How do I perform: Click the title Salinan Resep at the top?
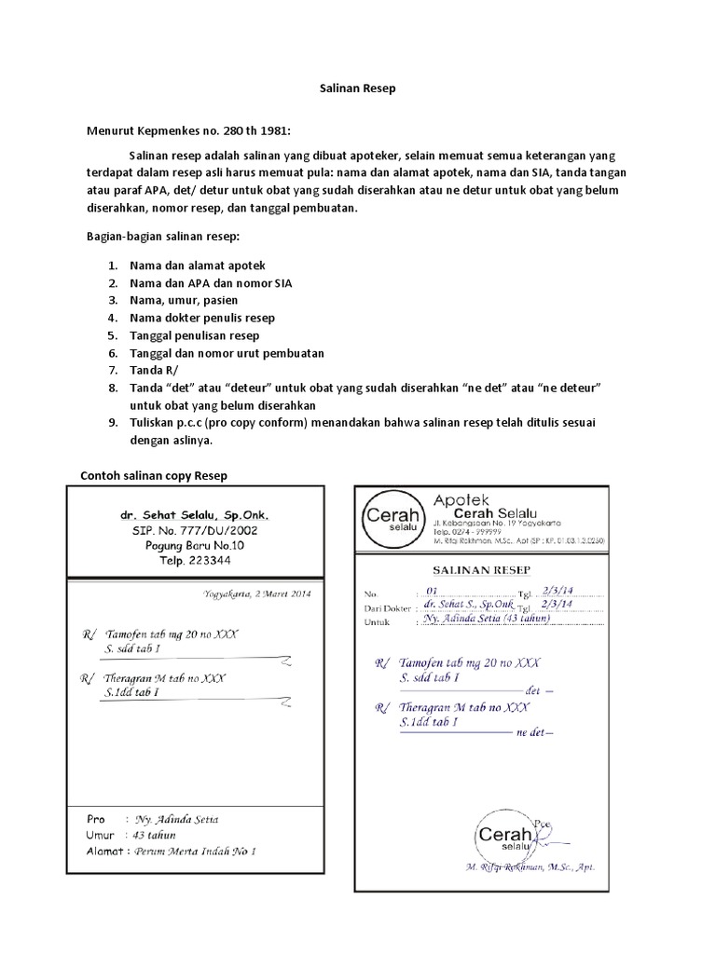click(357, 89)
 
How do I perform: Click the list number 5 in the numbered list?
click(112, 335)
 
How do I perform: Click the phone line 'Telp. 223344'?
click(194, 561)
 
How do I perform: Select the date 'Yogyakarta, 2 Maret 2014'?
click(257, 593)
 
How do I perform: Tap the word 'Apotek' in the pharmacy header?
click(461, 501)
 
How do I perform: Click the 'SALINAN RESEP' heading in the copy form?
click(481, 569)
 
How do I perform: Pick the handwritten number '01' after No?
click(431, 591)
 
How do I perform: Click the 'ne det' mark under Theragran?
click(533, 733)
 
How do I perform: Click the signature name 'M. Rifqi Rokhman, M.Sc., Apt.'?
click(530, 867)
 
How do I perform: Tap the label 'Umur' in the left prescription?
click(100, 835)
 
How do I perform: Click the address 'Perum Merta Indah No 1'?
click(195, 851)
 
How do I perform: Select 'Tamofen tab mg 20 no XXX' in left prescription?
click(172, 634)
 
